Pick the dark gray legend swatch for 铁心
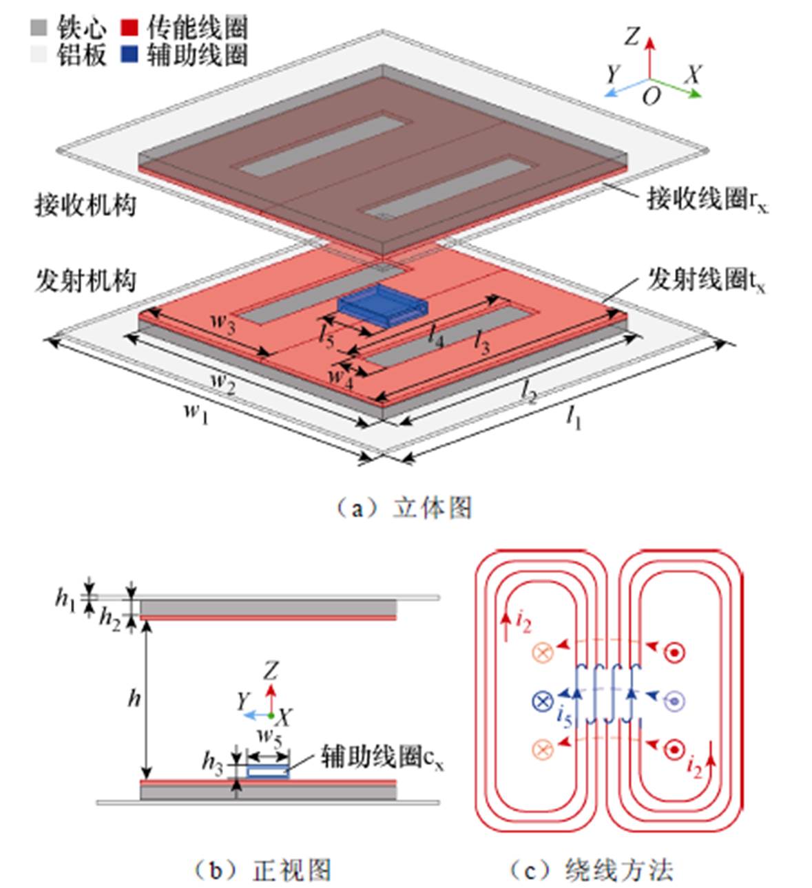(x=39, y=28)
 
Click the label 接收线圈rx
(x=707, y=200)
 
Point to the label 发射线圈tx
(x=706, y=280)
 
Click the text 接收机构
(x=85, y=205)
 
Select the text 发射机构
(x=85, y=281)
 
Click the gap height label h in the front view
(x=134, y=699)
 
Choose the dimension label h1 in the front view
(x=66, y=598)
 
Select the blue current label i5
(x=563, y=717)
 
